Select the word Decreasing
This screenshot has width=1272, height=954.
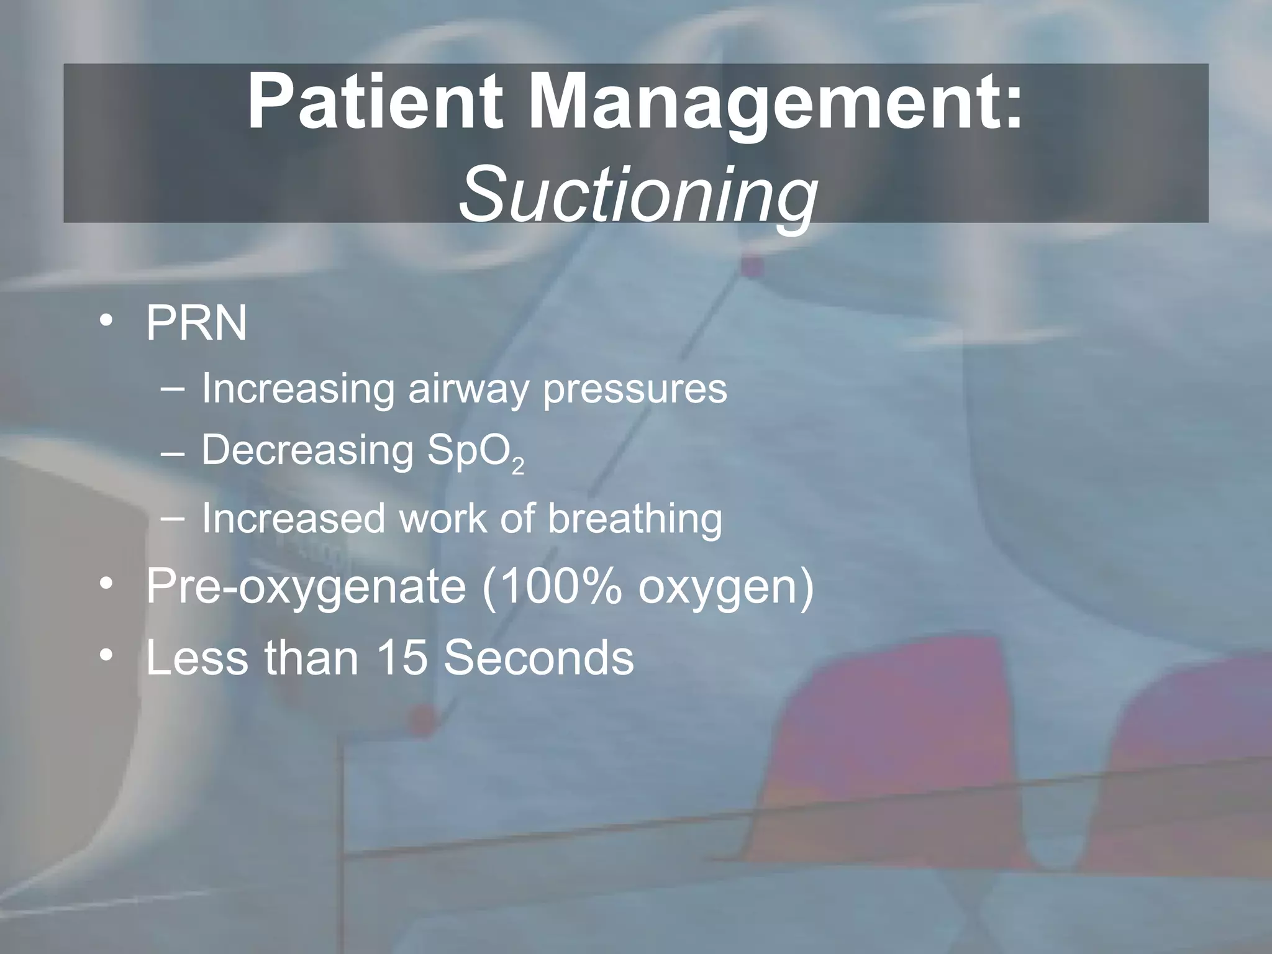pyautogui.click(x=307, y=452)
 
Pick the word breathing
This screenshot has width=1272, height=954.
pyautogui.click(x=635, y=519)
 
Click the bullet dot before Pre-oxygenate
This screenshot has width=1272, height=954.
pyautogui.click(x=107, y=584)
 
